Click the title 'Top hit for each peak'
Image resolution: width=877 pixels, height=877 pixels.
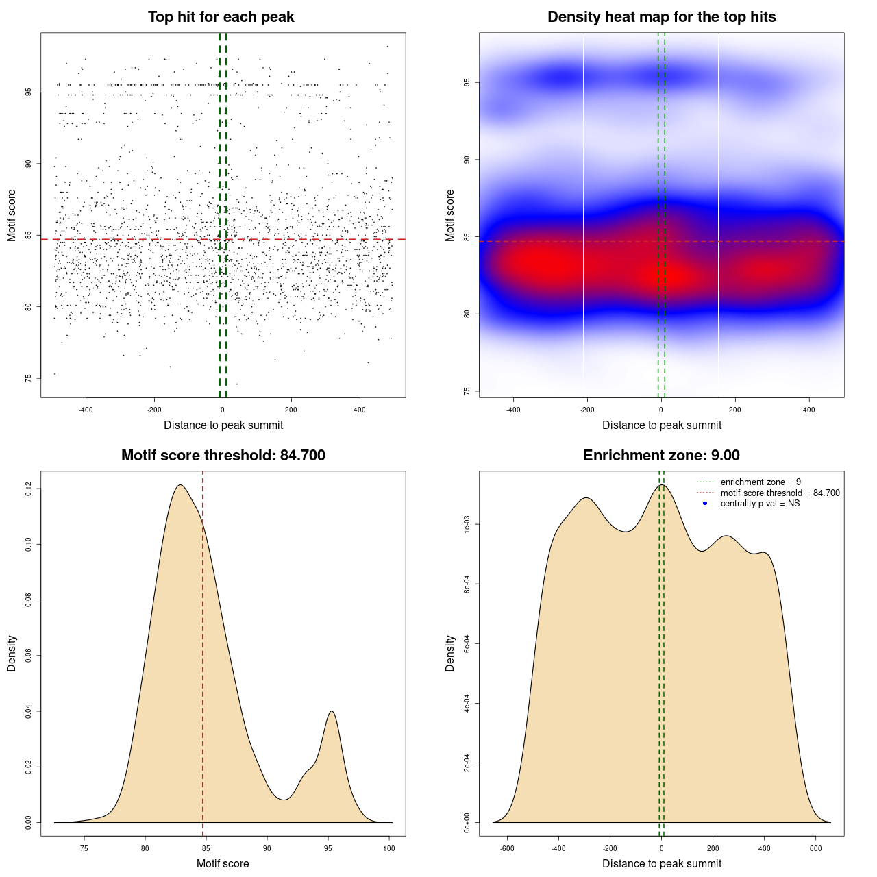[x=221, y=17]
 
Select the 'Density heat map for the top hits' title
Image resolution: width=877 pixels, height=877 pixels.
[x=661, y=17]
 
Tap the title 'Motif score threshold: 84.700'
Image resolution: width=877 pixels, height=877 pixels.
[x=223, y=456]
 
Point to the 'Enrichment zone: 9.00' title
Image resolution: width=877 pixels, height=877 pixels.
[x=661, y=456]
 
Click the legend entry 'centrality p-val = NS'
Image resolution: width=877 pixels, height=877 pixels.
[x=760, y=504]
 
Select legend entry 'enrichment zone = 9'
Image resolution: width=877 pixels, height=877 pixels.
[x=761, y=482]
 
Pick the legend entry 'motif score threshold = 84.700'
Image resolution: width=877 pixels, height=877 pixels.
[x=780, y=493]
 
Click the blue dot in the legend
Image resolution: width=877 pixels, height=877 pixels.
[x=705, y=504]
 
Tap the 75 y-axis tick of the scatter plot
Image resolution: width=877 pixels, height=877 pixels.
[x=28, y=378]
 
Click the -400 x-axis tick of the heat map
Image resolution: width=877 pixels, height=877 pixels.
[x=513, y=410]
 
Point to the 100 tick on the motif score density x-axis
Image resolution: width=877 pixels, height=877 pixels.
[x=389, y=848]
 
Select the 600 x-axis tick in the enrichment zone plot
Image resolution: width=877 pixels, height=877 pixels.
[x=815, y=848]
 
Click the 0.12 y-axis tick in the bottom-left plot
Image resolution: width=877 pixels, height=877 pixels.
[x=28, y=489]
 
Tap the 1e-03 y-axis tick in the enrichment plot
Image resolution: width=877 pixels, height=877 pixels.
[x=467, y=526]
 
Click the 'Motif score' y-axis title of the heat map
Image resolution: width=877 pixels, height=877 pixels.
[x=450, y=215]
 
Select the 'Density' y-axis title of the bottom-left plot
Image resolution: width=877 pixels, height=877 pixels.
[x=12, y=653]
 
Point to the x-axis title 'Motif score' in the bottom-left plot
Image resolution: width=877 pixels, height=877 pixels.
[x=223, y=863]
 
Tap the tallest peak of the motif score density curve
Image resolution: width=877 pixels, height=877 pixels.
[x=180, y=485]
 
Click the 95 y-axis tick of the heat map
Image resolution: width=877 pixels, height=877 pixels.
[x=467, y=83]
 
